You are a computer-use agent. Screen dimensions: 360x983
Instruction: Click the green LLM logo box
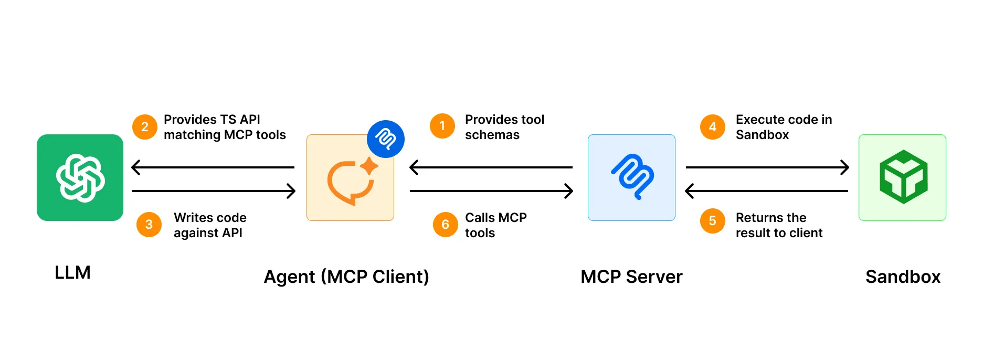pyautogui.click(x=80, y=177)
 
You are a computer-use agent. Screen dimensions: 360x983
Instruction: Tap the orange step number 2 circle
pyautogui.click(x=144, y=127)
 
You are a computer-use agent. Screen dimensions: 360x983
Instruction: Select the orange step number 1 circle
pyautogui.click(x=442, y=126)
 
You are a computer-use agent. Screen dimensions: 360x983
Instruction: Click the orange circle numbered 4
pyautogui.click(x=712, y=126)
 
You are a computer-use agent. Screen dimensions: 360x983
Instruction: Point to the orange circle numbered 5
pyautogui.click(x=712, y=221)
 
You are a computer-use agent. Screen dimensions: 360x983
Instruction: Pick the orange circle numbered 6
pyautogui.click(x=445, y=225)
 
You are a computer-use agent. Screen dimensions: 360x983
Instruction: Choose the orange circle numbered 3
pyautogui.click(x=149, y=225)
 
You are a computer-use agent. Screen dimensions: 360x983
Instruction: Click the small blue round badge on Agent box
pyautogui.click(x=385, y=139)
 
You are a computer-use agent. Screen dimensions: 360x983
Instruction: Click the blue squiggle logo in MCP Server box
pyautogui.click(x=632, y=177)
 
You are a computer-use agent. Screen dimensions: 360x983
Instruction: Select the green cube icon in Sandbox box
pyautogui.click(x=903, y=177)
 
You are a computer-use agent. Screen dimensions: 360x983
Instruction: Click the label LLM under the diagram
pyautogui.click(x=72, y=272)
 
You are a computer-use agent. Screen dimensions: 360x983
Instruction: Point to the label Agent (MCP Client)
pyautogui.click(x=346, y=277)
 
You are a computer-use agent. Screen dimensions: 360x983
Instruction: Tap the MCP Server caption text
pyautogui.click(x=631, y=277)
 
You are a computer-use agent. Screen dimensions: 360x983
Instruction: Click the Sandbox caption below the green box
pyautogui.click(x=903, y=277)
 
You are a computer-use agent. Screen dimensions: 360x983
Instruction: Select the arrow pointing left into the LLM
pyautogui.click(x=213, y=167)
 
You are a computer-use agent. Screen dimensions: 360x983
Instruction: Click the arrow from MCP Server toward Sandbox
pyautogui.click(x=767, y=167)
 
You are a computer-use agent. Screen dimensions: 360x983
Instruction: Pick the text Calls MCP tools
pyautogui.click(x=495, y=225)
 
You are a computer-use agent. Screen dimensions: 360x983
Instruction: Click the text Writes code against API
pyautogui.click(x=210, y=225)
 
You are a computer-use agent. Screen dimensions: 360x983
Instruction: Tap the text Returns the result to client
pyautogui.click(x=779, y=225)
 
